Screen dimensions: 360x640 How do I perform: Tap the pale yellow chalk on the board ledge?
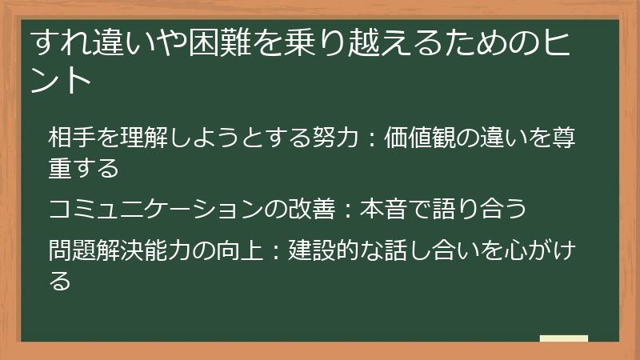tap(564, 338)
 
